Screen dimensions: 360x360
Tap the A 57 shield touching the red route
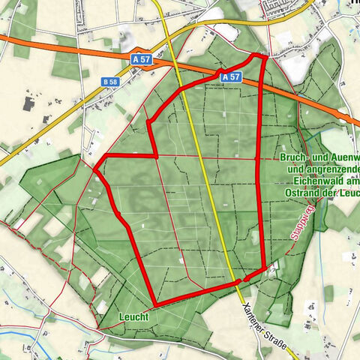232,76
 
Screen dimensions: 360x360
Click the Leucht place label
133,317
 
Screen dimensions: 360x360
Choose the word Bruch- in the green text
294,158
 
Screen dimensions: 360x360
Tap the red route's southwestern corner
155,305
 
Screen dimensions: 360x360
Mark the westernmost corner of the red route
95,168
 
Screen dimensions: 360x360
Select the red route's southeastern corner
264,268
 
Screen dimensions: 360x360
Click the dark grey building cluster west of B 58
30,102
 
